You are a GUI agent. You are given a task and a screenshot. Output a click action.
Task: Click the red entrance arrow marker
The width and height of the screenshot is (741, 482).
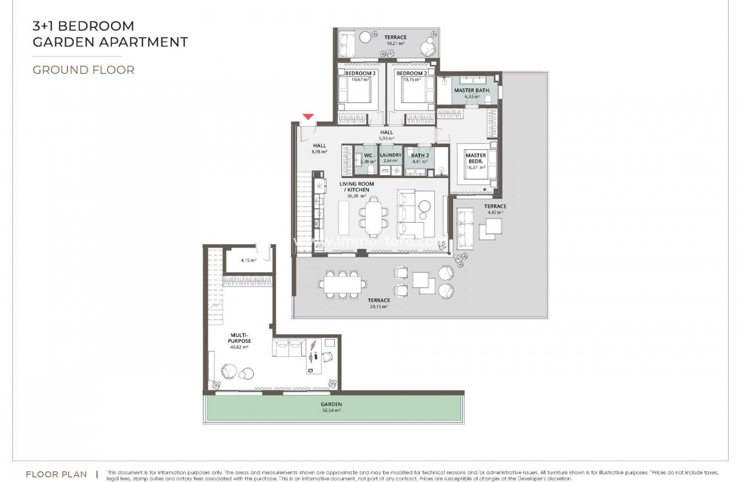point(308,117)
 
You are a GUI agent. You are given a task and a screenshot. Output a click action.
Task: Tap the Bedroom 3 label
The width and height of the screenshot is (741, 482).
point(360,74)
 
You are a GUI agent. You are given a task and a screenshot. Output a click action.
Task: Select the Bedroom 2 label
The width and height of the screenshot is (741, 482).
point(411,74)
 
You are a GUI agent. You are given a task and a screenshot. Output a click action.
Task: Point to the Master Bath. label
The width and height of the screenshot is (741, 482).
point(472,90)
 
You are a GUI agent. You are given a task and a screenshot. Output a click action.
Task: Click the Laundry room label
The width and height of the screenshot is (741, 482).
point(391,155)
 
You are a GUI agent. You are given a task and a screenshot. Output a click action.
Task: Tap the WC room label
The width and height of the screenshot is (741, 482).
point(368,155)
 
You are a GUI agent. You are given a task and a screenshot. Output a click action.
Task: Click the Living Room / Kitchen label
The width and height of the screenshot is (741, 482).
point(356,187)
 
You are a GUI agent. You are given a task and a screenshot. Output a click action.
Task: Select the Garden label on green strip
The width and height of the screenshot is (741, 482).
point(331,404)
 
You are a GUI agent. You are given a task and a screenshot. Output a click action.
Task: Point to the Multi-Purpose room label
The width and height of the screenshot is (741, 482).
point(240,338)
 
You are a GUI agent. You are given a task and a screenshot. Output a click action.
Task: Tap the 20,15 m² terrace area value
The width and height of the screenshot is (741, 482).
point(379,307)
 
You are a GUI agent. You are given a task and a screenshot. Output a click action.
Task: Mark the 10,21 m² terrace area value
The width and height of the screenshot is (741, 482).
point(395,43)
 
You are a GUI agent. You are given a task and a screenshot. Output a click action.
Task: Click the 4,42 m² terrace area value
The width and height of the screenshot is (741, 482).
point(495,213)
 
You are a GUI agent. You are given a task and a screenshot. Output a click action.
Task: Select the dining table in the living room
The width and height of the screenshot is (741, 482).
point(373,218)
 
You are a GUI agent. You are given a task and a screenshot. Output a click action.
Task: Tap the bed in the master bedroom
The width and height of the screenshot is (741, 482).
point(475,165)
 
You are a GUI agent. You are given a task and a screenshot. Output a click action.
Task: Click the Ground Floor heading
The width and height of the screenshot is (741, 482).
point(83,70)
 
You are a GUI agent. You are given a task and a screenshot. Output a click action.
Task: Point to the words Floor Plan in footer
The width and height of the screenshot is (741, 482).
point(56,475)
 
